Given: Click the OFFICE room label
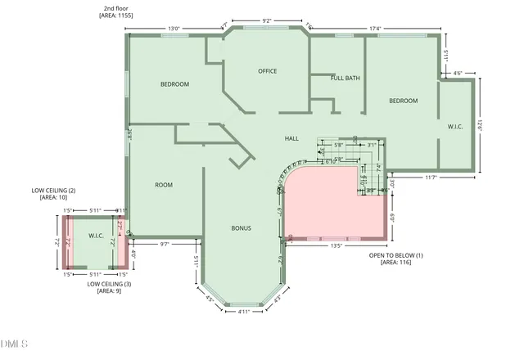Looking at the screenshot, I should [268, 71].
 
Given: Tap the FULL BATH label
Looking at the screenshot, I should [345, 79].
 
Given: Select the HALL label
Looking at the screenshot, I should [291, 138].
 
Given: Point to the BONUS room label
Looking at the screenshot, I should [241, 228].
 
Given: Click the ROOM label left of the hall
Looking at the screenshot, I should [164, 185].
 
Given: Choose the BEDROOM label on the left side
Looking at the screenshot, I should [174, 84].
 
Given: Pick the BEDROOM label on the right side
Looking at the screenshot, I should [403, 101].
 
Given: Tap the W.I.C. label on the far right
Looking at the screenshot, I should [455, 127].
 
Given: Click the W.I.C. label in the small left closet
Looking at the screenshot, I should [96, 236].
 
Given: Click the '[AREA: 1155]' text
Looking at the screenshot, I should [116, 16].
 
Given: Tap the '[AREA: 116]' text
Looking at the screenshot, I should [396, 263].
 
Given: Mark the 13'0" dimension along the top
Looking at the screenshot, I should [174, 29].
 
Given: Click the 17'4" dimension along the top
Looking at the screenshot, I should [376, 29].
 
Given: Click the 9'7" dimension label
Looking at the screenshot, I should [164, 244].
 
